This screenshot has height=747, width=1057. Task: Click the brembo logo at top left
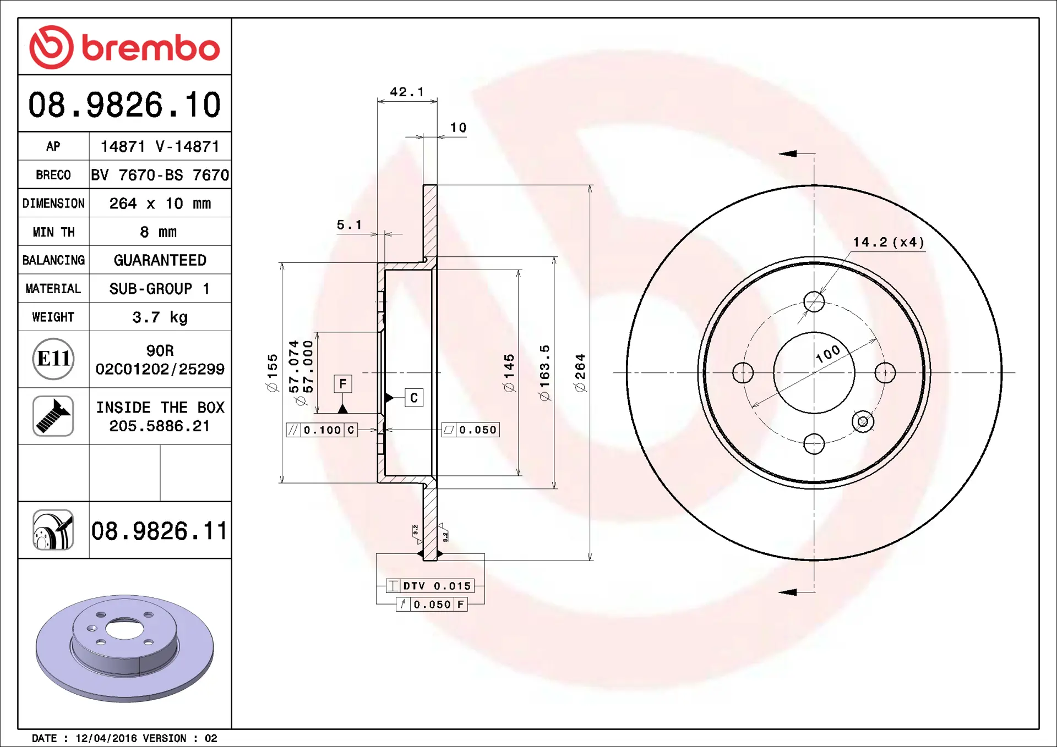point(124,47)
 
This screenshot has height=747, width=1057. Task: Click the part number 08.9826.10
point(124,105)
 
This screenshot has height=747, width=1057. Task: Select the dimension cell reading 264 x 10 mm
point(160,204)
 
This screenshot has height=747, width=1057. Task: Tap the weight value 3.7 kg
point(160,317)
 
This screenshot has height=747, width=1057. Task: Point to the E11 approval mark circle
point(53,359)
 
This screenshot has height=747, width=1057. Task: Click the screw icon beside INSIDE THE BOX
point(53,416)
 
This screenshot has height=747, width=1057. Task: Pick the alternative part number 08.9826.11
point(159,531)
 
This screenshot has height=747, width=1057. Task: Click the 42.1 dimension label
point(407,92)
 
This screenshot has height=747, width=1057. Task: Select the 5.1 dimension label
point(350,224)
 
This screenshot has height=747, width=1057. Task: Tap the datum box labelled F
point(343,383)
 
